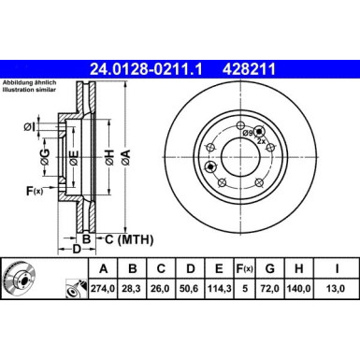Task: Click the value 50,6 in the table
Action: (193, 287)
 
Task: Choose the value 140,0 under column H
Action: (306, 287)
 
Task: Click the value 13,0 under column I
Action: (338, 287)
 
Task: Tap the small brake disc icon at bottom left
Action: (21, 278)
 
